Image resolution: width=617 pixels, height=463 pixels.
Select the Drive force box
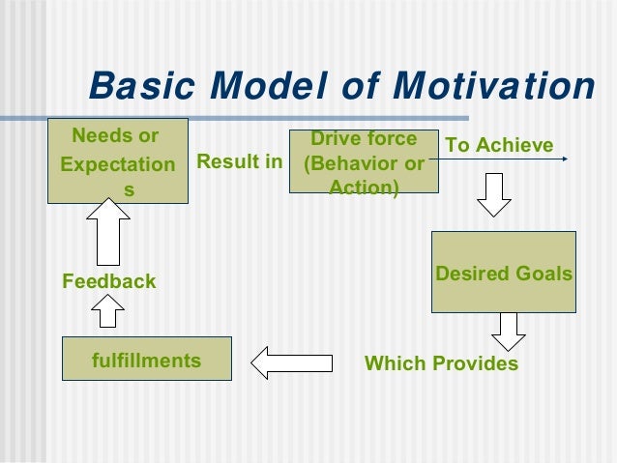(x=364, y=162)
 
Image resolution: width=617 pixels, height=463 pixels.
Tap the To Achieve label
(x=499, y=145)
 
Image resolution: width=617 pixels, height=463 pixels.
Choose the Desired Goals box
(x=504, y=273)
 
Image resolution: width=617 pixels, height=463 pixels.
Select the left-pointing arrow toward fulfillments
(x=291, y=362)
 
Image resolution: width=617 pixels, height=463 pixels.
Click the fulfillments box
(x=146, y=362)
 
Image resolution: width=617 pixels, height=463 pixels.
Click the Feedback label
(x=108, y=281)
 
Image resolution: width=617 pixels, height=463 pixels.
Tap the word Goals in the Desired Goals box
(x=544, y=274)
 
